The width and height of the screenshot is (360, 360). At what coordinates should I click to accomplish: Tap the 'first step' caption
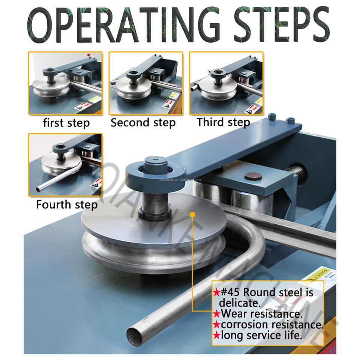(66, 123)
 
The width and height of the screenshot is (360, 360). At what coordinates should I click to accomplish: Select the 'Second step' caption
(143, 123)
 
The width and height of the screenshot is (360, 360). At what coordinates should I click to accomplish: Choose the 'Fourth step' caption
(67, 204)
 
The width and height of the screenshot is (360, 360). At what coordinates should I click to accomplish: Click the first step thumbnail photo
(65, 83)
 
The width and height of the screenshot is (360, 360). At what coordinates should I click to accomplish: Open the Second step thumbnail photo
(145, 83)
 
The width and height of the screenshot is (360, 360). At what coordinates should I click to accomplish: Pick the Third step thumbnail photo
(226, 83)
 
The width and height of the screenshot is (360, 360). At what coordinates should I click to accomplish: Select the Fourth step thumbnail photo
(65, 164)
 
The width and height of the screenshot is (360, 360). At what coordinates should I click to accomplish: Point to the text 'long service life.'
(261, 335)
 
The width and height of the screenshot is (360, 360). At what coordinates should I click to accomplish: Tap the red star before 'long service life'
(216, 335)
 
